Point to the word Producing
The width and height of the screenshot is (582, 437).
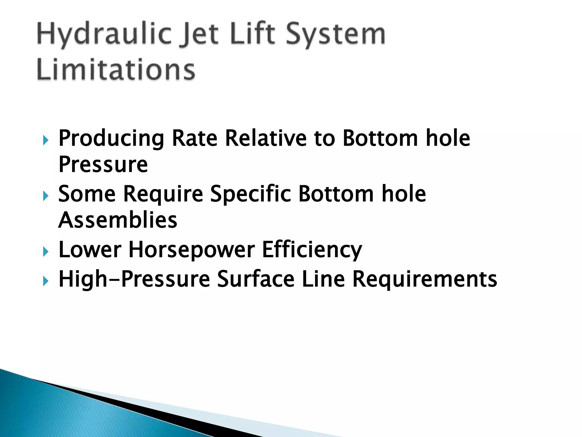point(111,138)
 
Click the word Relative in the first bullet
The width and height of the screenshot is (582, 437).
point(266,138)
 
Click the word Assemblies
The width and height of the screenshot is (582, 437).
point(118,220)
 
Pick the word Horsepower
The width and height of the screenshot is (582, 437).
point(192,250)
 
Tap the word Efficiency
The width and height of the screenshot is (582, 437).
point(312,250)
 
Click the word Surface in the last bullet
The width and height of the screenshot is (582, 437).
point(256,279)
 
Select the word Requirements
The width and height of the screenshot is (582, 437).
point(425,279)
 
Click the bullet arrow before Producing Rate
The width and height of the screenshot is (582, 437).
point(46,140)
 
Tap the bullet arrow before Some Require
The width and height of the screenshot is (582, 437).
point(46,196)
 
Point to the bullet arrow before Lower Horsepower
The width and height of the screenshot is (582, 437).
point(46,252)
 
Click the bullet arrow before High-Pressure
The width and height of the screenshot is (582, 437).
point(46,281)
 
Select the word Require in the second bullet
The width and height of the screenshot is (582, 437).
point(163,194)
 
